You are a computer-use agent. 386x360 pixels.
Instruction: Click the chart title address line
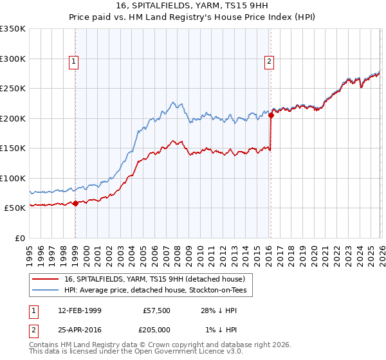(x=193, y=6)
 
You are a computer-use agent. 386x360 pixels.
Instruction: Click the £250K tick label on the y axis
(x=13, y=89)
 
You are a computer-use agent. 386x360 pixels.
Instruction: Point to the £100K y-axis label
(x=13, y=178)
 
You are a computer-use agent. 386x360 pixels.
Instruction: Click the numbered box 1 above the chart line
(x=75, y=62)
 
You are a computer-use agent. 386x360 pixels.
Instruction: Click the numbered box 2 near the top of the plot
(x=268, y=62)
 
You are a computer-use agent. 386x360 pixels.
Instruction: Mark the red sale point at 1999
(x=76, y=204)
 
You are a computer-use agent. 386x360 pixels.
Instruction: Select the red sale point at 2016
(x=271, y=116)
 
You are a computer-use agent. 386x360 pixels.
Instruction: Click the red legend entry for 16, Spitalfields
(x=154, y=280)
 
